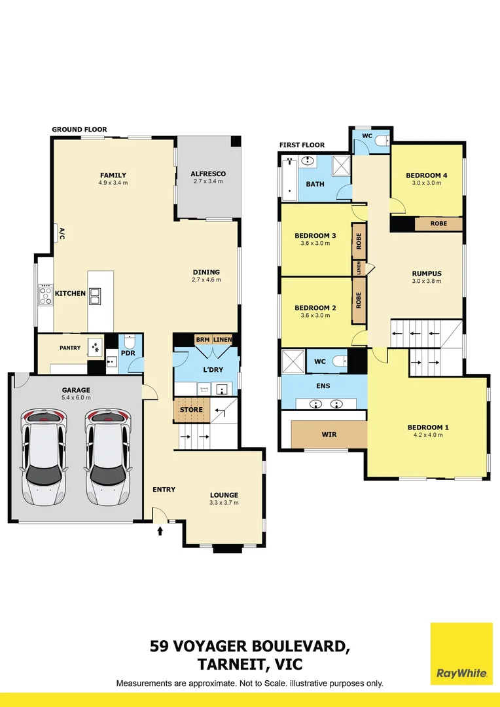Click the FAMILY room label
pyautogui.click(x=113, y=175)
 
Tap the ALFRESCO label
pyautogui.click(x=207, y=173)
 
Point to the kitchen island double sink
pyautogui.click(x=96, y=297)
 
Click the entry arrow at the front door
pyautogui.click(x=160, y=532)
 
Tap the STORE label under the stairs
pyautogui.click(x=191, y=410)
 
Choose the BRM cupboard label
pyautogui.click(x=202, y=340)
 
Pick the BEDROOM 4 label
pyautogui.click(x=426, y=175)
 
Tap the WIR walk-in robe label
pyautogui.click(x=329, y=433)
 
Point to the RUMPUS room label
pyautogui.click(x=427, y=274)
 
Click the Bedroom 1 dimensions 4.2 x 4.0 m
pyautogui.click(x=428, y=436)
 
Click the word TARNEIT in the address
pyautogui.click(x=230, y=664)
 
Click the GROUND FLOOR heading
pyautogui.click(x=79, y=130)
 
